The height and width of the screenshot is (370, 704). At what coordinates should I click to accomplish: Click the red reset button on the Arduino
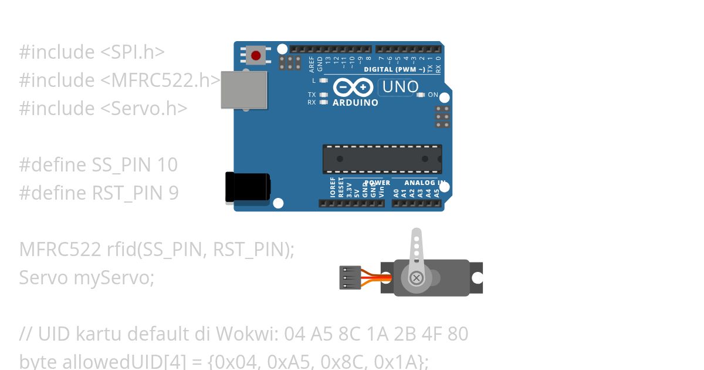click(x=256, y=56)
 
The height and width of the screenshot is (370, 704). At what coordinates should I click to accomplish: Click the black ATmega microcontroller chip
click(x=382, y=159)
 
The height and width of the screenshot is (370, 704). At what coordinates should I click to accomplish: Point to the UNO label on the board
click(x=400, y=88)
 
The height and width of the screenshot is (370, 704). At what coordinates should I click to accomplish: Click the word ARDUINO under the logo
click(x=356, y=102)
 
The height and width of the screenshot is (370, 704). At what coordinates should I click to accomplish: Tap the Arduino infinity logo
click(x=353, y=88)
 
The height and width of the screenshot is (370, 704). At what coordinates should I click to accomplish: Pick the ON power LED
click(x=420, y=95)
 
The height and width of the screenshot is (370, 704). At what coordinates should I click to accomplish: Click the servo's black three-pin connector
click(x=349, y=277)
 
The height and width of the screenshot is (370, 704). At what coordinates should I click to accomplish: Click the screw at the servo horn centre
click(x=416, y=277)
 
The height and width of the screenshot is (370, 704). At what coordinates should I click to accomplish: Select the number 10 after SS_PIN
click(x=167, y=164)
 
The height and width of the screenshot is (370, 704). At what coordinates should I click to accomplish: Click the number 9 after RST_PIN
click(x=173, y=193)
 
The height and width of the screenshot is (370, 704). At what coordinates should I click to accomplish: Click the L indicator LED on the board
click(x=323, y=80)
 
